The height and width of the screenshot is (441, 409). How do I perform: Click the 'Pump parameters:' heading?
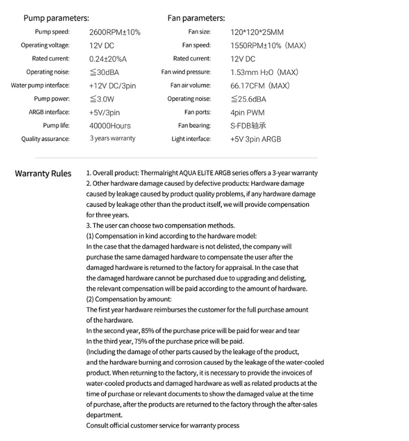tap(56, 18)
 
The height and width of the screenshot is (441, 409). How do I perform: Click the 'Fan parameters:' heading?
tap(196, 18)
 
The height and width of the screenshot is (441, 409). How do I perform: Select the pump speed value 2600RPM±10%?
tap(114, 32)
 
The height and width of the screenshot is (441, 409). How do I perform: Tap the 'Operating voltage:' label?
tap(45, 45)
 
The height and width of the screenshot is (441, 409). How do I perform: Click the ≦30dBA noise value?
tap(104, 72)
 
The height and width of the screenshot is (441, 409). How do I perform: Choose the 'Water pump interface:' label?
tap(40, 86)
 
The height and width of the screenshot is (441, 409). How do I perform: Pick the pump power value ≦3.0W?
tap(103, 99)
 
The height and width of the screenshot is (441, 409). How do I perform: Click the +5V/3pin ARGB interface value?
tap(105, 113)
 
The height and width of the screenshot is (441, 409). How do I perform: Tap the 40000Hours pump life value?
tap(110, 126)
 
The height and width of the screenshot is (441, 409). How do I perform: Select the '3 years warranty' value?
tap(113, 139)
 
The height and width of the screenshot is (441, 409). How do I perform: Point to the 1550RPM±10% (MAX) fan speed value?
tap(268, 45)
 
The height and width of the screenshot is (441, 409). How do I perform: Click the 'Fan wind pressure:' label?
tap(186, 72)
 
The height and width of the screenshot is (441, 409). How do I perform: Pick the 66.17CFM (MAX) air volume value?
tap(260, 86)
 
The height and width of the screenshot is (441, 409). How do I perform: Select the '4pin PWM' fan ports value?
tap(247, 113)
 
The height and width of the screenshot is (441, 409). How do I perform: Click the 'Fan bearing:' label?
tap(194, 126)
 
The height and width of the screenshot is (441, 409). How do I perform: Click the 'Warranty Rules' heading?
tap(43, 173)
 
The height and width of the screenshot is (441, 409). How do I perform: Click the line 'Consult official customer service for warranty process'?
tap(163, 425)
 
